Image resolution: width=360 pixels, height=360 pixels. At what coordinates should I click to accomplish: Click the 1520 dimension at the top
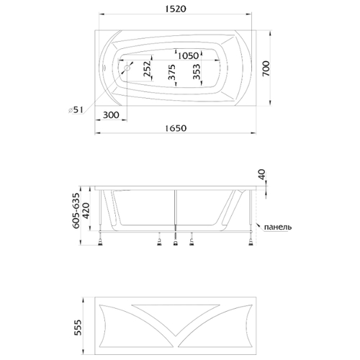pos(176,9)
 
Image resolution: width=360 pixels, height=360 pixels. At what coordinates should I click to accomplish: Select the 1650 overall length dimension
pos(176,128)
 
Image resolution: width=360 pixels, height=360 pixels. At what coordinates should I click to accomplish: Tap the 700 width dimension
pos(266,68)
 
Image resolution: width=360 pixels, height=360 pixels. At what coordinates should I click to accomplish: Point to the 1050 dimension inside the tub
pos(189,55)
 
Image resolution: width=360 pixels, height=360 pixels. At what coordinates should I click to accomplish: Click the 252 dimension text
pos(147,69)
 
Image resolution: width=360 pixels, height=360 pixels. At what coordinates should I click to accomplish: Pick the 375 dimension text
pos(172,72)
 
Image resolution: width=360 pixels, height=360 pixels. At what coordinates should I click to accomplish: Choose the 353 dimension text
pos(196,71)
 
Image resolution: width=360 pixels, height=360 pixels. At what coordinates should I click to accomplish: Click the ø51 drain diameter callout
pos(76,110)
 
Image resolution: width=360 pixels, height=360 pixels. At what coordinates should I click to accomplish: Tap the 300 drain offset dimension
pos(111,115)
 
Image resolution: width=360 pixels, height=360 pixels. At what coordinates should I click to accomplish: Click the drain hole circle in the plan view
pos(127,68)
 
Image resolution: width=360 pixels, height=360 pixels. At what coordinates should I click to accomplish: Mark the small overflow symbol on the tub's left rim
pos(104,68)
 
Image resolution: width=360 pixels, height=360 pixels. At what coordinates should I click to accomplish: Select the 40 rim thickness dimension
pos(262,174)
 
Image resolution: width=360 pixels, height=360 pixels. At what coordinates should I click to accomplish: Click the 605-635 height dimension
pos(76,210)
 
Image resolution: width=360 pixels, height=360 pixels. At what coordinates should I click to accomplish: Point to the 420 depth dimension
pos(86,211)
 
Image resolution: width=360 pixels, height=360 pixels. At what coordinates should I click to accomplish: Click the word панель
pos(278,227)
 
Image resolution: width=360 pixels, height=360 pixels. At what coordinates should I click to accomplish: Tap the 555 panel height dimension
pos(78,328)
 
